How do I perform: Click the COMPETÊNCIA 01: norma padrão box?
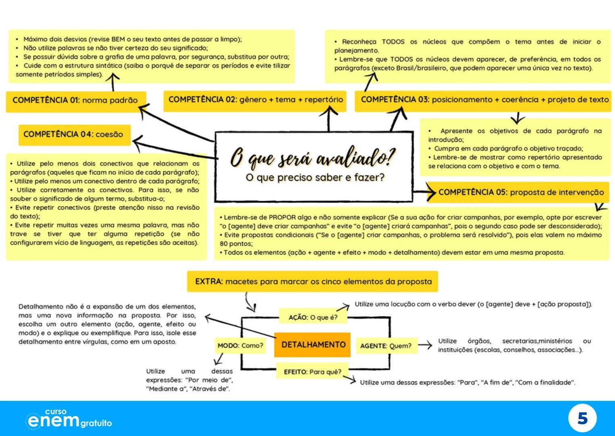click(75, 101)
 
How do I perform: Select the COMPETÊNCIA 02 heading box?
click(255, 100)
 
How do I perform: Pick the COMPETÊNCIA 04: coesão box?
click(74, 134)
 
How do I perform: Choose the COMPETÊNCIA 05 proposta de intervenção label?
click(521, 192)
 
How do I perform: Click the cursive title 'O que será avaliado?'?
click(313, 157)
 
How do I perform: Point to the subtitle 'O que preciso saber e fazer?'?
click(315, 178)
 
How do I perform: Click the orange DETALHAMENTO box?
click(313, 345)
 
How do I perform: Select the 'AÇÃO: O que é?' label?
click(313, 317)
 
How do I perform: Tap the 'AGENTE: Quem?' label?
click(386, 346)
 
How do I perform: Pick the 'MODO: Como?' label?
click(240, 346)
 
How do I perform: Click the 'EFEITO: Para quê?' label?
click(312, 372)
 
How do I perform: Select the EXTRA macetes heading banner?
click(313, 281)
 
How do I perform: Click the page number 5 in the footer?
click(582, 419)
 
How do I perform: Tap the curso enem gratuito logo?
click(69, 419)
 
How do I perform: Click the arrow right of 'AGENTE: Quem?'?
click(425, 345)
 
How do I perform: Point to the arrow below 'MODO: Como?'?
click(219, 358)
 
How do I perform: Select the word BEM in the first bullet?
click(118, 39)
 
